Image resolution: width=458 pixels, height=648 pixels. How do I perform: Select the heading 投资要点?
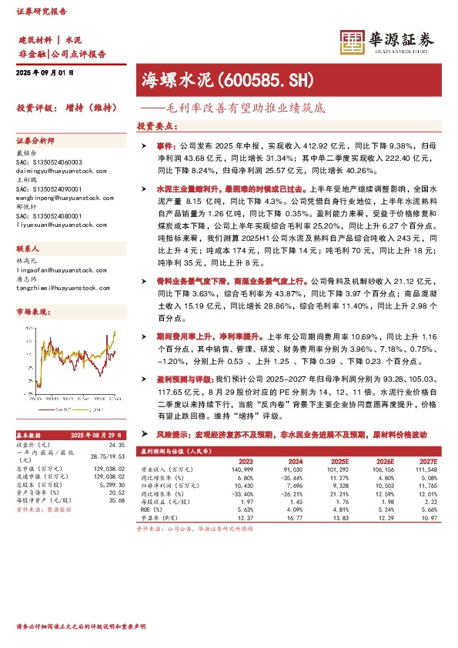click(157, 125)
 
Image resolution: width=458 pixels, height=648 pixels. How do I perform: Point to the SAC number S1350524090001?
click(48, 187)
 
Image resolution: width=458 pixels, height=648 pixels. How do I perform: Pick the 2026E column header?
click(384, 462)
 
